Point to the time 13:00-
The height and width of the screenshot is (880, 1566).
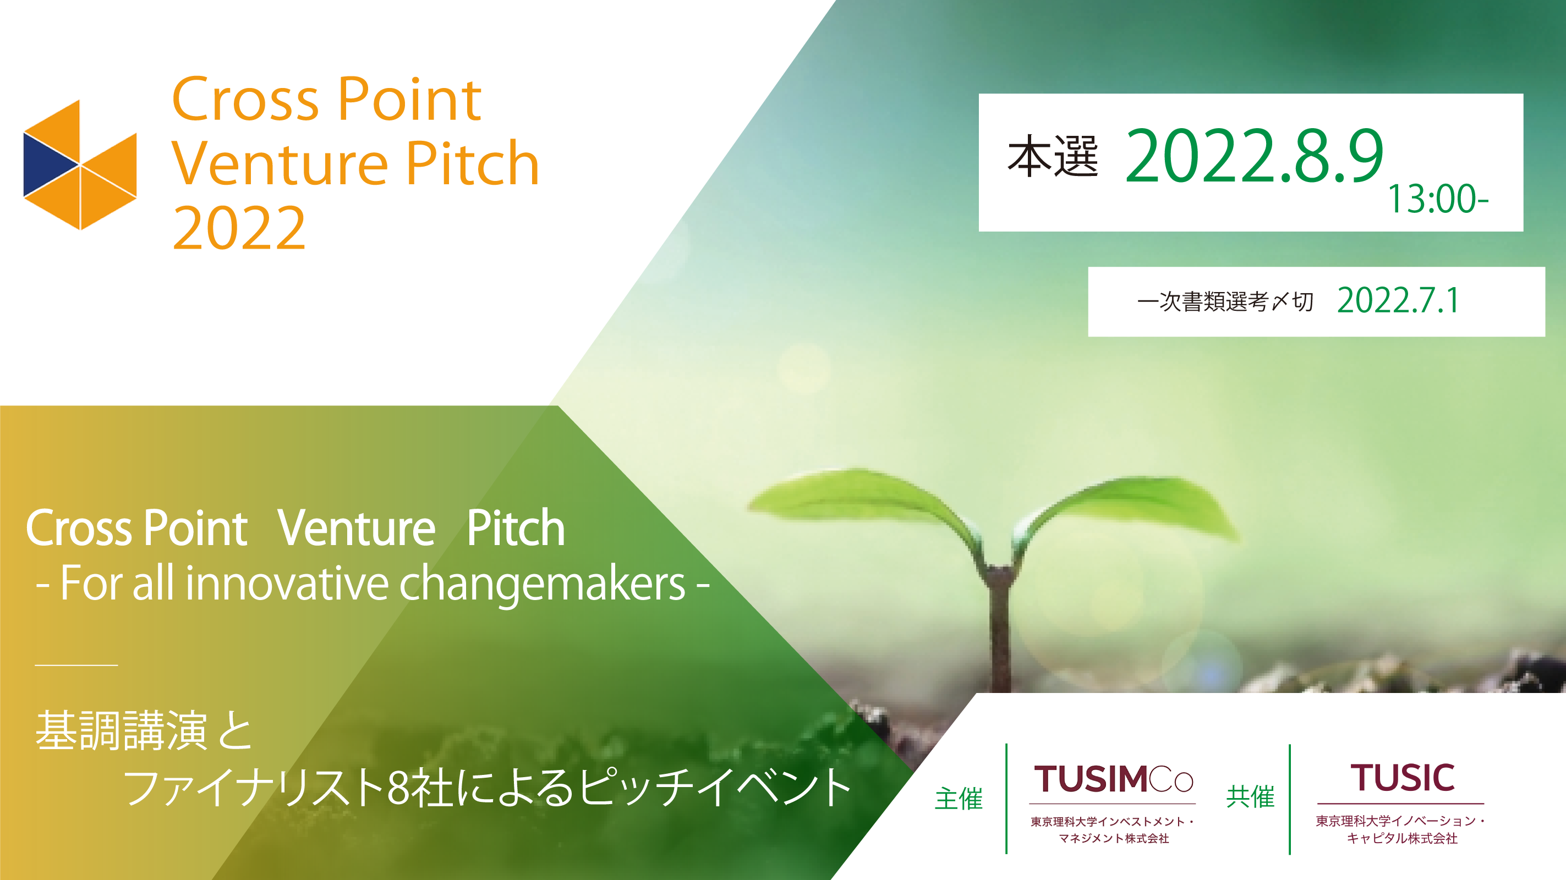[1438, 199]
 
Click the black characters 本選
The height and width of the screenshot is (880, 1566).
[1053, 156]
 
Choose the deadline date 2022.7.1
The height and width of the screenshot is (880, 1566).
[1398, 300]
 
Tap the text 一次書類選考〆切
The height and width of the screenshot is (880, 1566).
[1225, 301]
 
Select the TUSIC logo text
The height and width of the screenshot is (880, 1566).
[1403, 777]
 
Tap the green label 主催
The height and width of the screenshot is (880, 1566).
[959, 799]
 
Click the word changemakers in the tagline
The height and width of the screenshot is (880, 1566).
[542, 584]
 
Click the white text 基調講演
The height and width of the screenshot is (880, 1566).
[121, 730]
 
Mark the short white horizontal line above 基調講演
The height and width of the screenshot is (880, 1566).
[76, 665]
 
